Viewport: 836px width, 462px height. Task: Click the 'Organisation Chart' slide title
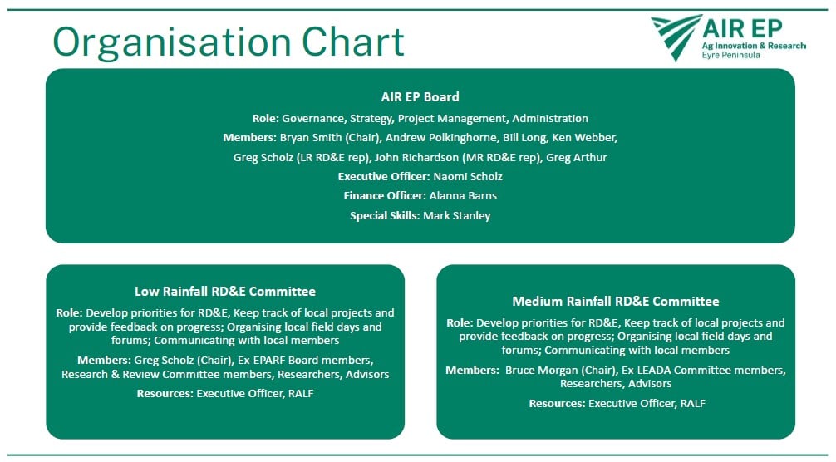pos(229,43)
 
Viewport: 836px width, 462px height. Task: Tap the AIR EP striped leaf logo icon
pos(675,37)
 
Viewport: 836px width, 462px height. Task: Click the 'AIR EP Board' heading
pos(420,97)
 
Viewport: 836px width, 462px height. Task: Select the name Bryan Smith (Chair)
pos(330,137)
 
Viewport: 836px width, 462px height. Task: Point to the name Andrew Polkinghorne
pos(440,137)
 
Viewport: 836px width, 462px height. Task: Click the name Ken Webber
pos(583,137)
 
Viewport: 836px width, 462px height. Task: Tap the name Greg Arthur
pos(577,157)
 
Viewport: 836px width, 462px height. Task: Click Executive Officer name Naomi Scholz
pos(468,176)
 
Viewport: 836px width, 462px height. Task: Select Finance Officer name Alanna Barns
pos(463,195)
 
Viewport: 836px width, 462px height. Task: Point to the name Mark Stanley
pos(457,215)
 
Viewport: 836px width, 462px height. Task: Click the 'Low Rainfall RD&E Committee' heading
pos(225,292)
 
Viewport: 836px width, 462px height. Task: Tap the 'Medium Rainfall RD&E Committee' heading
pos(616,302)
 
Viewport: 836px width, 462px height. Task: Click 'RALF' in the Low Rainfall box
pos(301,394)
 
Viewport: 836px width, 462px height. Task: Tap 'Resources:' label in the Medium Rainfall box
pos(557,404)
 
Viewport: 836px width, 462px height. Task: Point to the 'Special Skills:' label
pos(385,216)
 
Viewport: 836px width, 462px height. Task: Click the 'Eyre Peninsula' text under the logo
pos(731,56)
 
